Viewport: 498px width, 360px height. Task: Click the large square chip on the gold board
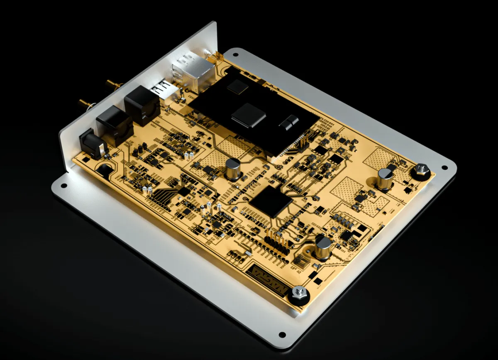pyautogui.click(x=271, y=201)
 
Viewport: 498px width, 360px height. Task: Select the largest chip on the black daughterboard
pyautogui.click(x=248, y=115)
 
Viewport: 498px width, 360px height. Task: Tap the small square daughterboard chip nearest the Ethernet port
pyautogui.click(x=237, y=87)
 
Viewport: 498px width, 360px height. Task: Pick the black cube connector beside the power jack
pyautogui.click(x=115, y=123)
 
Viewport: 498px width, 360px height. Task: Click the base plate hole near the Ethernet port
pyautogui.click(x=236, y=54)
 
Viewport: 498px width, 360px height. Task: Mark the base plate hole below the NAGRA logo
pyautogui.click(x=282, y=334)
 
